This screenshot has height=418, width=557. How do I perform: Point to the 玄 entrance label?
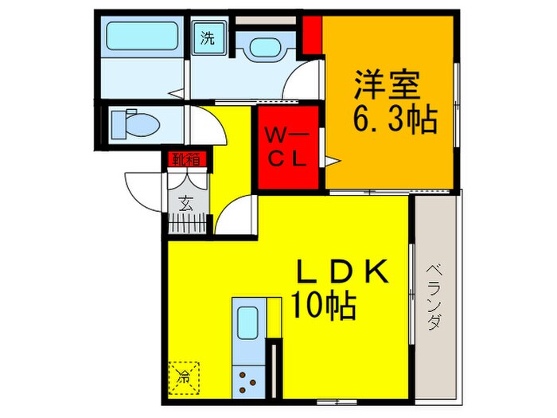tap(185, 202)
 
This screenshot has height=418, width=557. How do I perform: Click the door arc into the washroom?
tap(302, 84)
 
